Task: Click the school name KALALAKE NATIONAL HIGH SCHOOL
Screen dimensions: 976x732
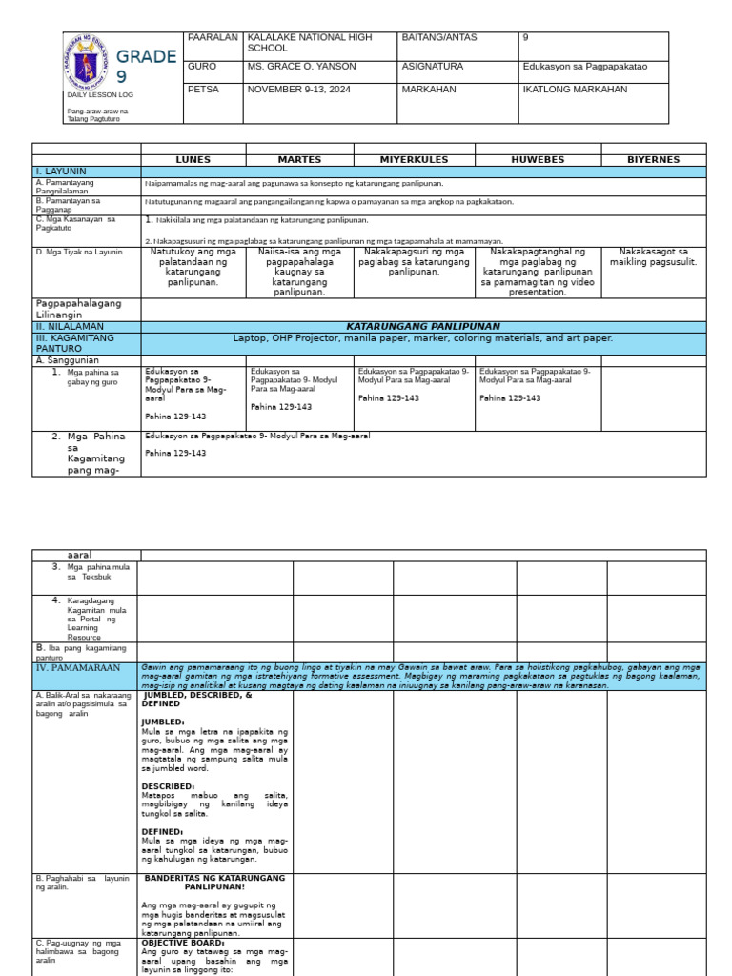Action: coord(295,42)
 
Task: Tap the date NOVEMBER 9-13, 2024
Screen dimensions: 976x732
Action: coord(301,90)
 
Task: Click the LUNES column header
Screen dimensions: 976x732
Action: coord(193,160)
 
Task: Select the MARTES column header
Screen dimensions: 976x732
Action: coord(299,160)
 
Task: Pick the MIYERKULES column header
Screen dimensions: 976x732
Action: coord(414,160)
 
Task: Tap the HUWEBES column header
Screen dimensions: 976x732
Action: coord(538,160)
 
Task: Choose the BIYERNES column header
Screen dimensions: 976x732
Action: coord(653,160)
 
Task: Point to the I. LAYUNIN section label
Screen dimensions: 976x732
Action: coord(62,171)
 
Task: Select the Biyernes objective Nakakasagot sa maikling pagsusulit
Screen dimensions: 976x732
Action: coord(653,256)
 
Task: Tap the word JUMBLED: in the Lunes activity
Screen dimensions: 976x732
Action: coord(163,722)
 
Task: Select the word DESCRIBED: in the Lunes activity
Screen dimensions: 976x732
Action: coord(169,786)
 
